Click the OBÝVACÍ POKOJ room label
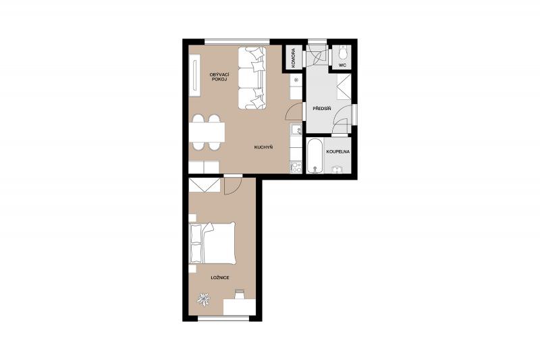(219, 77)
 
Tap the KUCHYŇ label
(263, 147)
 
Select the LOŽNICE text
(220, 278)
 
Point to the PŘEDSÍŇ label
(322, 109)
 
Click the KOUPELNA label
(338, 151)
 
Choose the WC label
(342, 65)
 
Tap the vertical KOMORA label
(294, 57)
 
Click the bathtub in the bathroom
(315, 156)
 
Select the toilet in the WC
(343, 52)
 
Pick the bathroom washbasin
(336, 170)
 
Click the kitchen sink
(296, 129)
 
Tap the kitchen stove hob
(296, 168)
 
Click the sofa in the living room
(252, 78)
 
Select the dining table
(207, 132)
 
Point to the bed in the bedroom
(213, 243)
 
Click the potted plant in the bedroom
(203, 299)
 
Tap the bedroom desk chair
(240, 294)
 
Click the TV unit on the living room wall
(195, 76)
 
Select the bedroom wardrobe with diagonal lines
(205, 185)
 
